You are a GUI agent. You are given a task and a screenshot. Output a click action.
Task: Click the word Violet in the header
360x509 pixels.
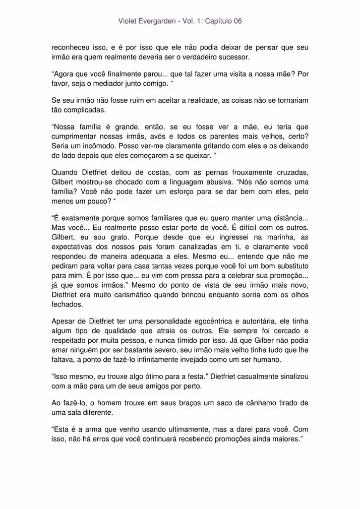[128, 21]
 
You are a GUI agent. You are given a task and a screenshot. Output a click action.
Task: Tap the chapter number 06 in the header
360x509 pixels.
[236, 21]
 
